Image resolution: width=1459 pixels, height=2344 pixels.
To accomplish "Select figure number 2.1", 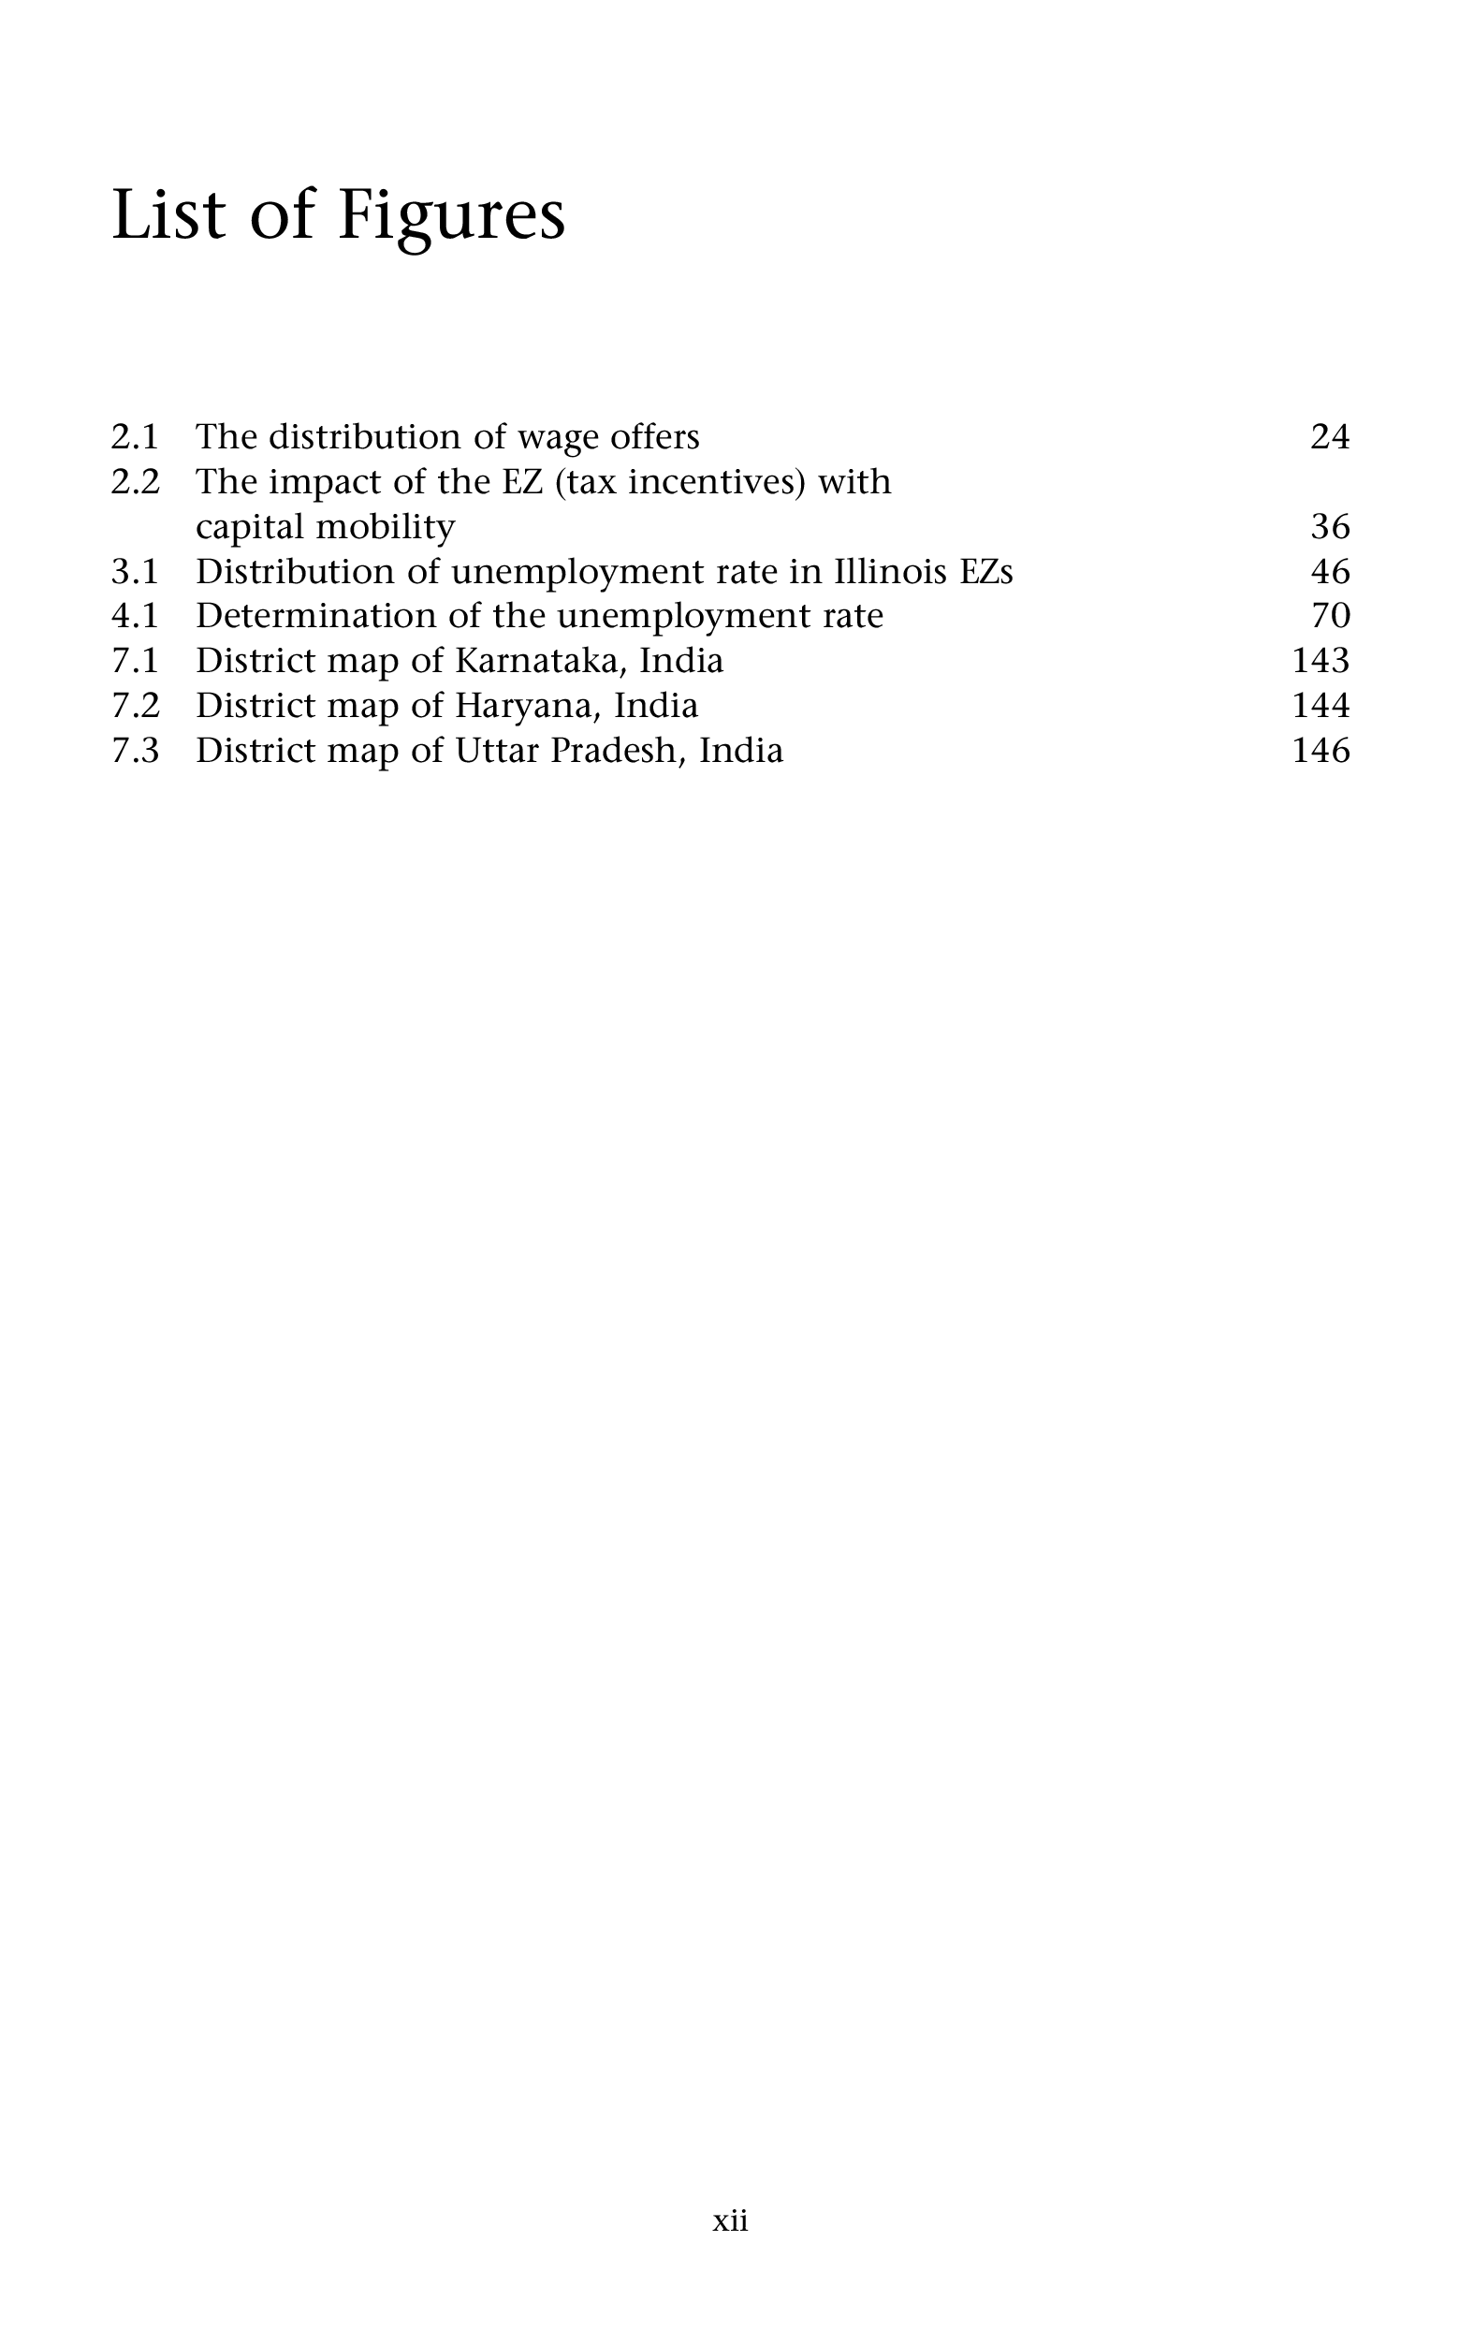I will (135, 437).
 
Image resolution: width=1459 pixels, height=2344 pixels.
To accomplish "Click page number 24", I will (1330, 437).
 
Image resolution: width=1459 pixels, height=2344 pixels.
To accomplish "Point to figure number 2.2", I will (135, 481).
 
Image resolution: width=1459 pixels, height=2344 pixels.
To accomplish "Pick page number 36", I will (1330, 527).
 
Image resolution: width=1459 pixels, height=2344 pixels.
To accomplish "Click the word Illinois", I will (889, 571).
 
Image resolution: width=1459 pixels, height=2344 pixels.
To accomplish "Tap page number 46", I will (1330, 571).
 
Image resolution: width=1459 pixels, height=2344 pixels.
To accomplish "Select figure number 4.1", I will (135, 616).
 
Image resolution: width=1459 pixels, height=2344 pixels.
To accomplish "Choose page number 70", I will (1331, 616).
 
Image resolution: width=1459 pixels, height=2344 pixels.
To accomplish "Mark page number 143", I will (1320, 661).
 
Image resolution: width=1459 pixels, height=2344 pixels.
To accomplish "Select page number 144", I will (1320, 706).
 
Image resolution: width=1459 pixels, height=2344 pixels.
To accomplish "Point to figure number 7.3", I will (135, 751).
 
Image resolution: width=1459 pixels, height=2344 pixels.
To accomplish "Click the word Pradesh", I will (617, 751).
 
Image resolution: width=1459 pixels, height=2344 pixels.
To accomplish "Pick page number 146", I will (1320, 751).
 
